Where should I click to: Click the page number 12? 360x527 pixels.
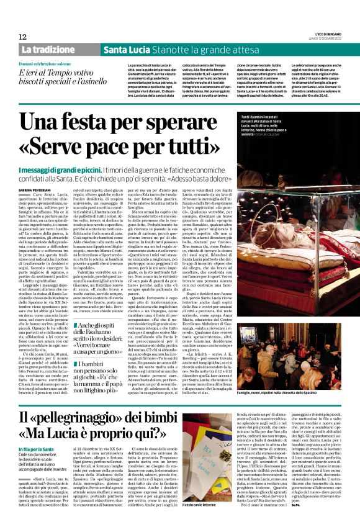[x=22, y=37]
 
